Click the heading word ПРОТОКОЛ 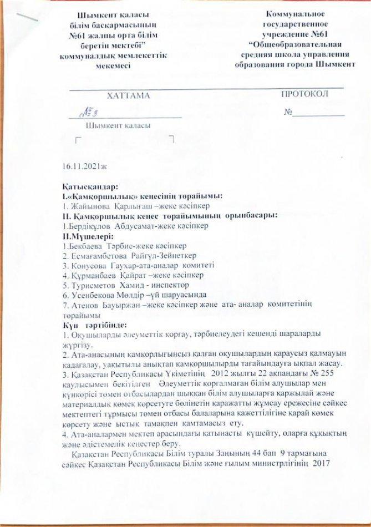click(305, 94)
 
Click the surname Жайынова click(88, 203)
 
